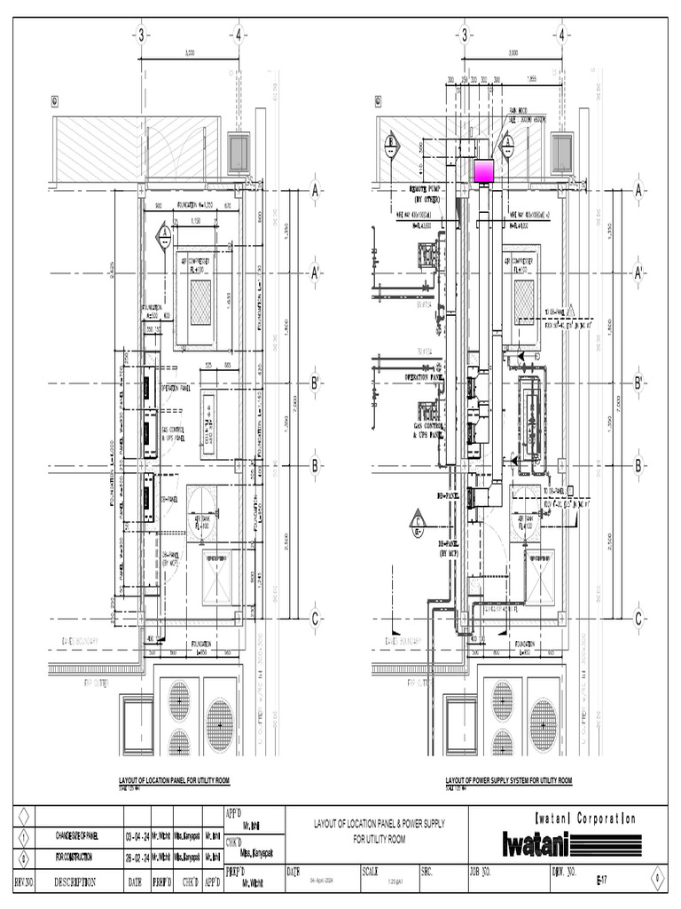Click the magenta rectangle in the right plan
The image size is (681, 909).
click(484, 171)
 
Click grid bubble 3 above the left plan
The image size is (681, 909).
click(140, 36)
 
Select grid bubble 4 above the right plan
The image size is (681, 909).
click(562, 36)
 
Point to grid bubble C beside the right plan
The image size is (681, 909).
click(638, 618)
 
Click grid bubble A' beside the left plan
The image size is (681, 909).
click(314, 274)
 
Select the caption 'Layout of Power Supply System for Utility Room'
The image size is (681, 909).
click(508, 781)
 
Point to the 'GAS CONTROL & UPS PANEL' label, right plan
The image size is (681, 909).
click(427, 429)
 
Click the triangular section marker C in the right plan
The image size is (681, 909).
click(417, 531)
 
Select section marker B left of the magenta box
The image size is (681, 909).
click(390, 145)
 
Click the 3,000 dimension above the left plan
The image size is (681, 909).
click(189, 54)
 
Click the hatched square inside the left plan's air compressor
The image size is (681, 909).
click(201, 292)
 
